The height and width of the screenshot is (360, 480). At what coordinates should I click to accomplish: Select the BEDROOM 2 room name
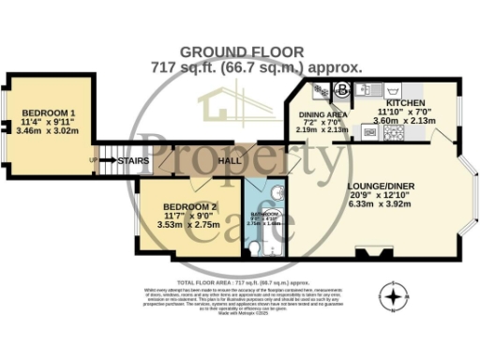point(189,205)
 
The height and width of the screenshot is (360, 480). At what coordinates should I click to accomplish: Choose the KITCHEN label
point(406,102)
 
